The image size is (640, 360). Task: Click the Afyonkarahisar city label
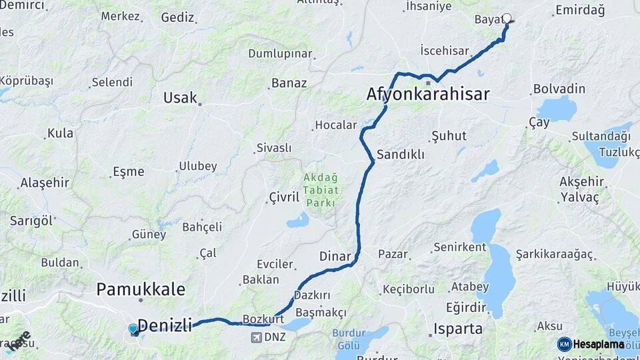[428, 94]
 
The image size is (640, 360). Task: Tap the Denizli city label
[164, 325]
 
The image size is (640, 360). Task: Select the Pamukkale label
[141, 289]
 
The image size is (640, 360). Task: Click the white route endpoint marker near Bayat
[507, 19]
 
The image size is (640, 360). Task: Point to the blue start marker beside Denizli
[133, 329]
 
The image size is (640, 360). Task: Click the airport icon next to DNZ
[256, 337]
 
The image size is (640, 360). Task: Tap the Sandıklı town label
[401, 154]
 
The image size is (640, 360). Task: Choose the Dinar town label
[335, 255]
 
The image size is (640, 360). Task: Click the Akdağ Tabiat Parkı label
[321, 189]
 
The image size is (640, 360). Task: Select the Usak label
[180, 97]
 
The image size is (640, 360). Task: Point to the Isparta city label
[458, 328]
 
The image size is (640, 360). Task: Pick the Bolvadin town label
[559, 89]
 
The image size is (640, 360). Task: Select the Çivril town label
[284, 197]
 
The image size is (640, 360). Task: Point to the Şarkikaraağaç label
[554, 255]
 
